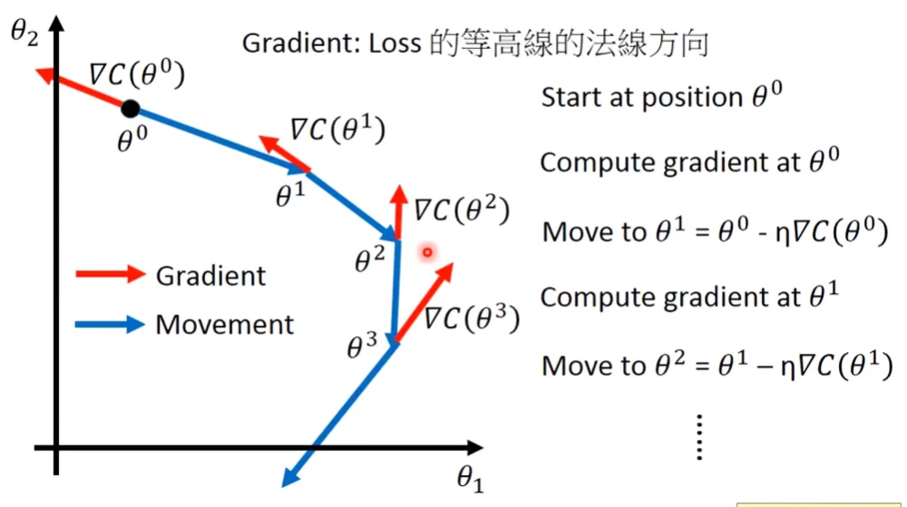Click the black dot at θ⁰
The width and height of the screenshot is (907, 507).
pyautogui.click(x=131, y=108)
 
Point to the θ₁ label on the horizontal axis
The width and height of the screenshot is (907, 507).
pyautogui.click(x=468, y=478)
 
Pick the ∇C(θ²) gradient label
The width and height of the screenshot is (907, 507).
pyautogui.click(x=461, y=210)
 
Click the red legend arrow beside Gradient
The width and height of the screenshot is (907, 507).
pyautogui.click(x=109, y=273)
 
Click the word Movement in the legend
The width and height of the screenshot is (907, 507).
pyautogui.click(x=225, y=325)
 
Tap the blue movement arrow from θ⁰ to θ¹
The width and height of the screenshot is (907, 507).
pyautogui.click(x=222, y=140)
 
